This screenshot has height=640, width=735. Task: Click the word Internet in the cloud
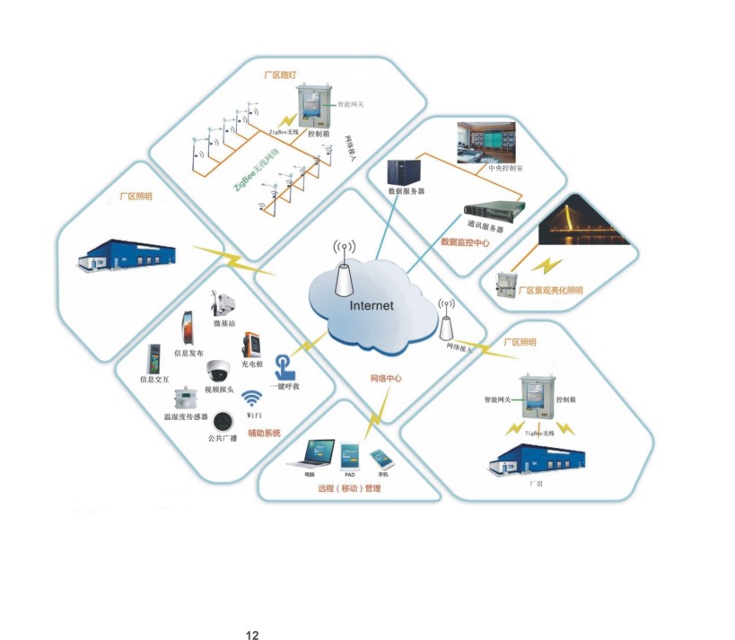(x=372, y=305)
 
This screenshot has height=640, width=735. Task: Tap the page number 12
(x=253, y=635)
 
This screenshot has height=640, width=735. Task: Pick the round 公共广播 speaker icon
(x=222, y=421)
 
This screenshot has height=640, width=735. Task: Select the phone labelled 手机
(x=383, y=456)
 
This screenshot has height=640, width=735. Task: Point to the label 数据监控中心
(x=464, y=242)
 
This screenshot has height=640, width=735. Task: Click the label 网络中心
(x=386, y=379)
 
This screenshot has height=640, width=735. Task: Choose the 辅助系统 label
(x=265, y=434)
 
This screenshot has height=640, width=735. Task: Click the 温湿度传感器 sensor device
(x=187, y=399)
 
